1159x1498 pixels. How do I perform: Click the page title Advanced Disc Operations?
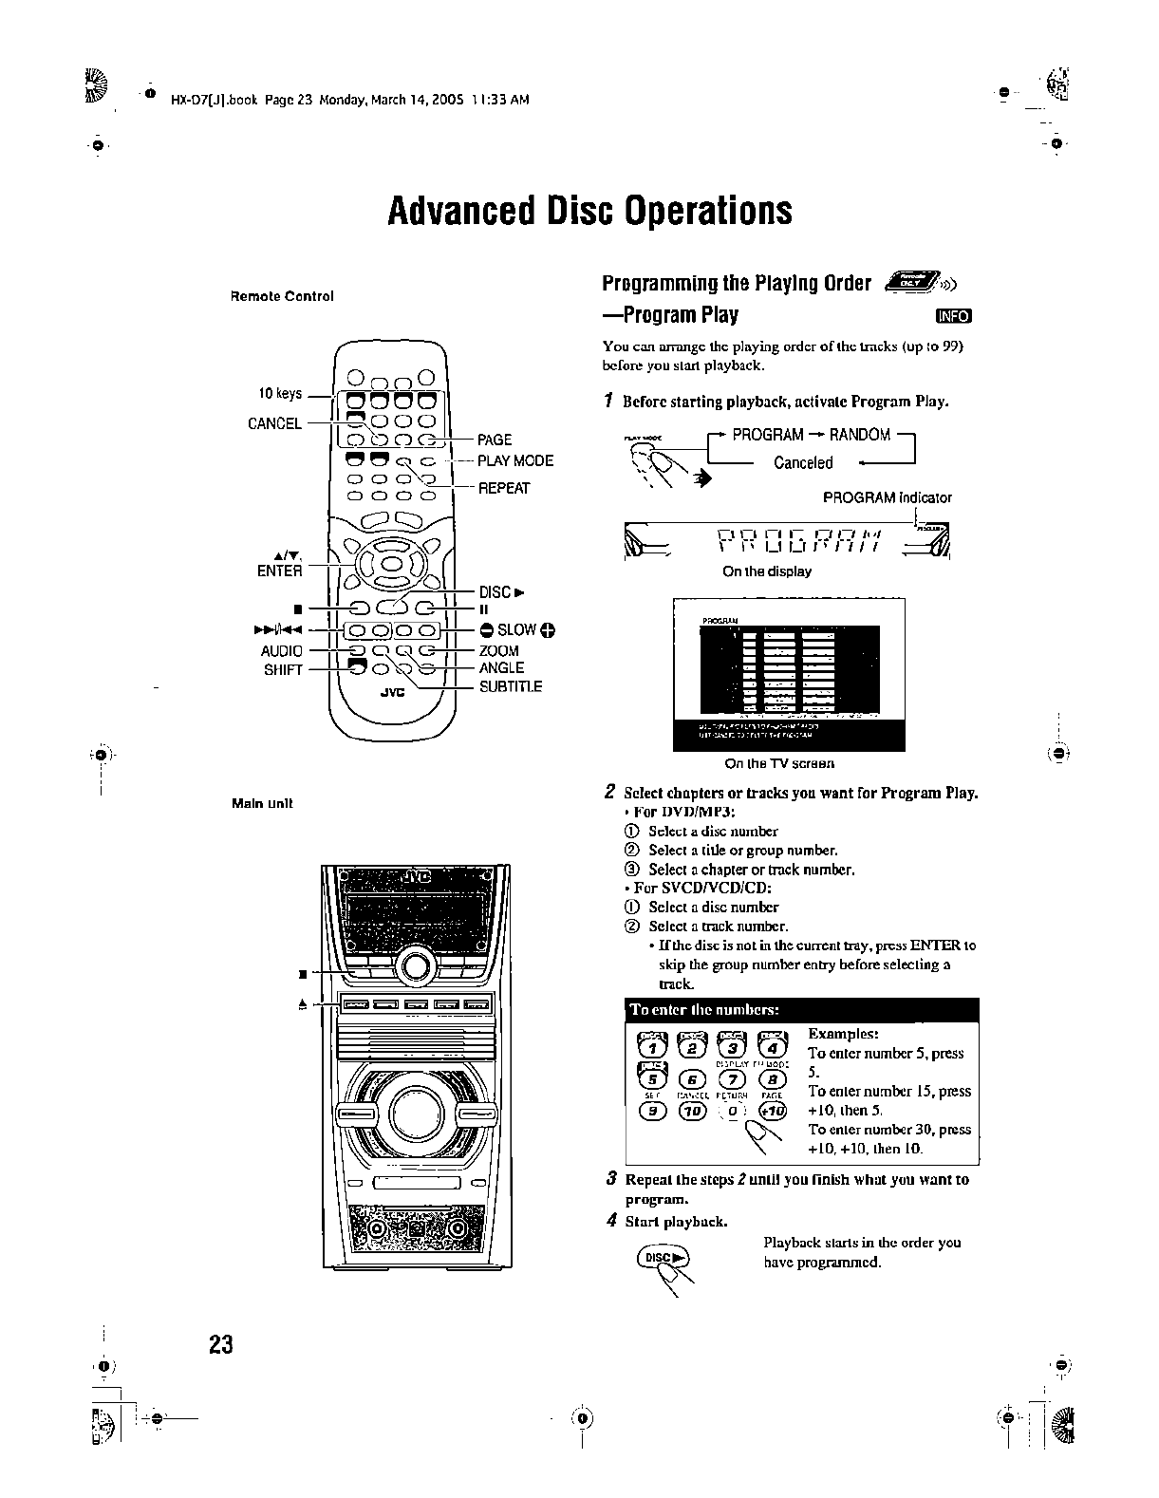(589, 211)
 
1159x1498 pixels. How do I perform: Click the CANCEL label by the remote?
(274, 423)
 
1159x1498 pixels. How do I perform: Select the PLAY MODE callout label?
(515, 461)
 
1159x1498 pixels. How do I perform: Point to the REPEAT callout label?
(503, 488)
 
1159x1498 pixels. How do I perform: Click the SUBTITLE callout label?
(511, 686)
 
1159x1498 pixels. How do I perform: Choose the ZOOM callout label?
(499, 650)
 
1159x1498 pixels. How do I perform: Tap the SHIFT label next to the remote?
(283, 669)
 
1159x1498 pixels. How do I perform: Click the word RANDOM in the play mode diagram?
(859, 435)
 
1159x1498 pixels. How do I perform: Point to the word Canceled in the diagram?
(803, 463)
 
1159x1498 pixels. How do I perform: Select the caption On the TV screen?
(778, 763)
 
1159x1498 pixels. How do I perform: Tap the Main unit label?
(262, 803)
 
